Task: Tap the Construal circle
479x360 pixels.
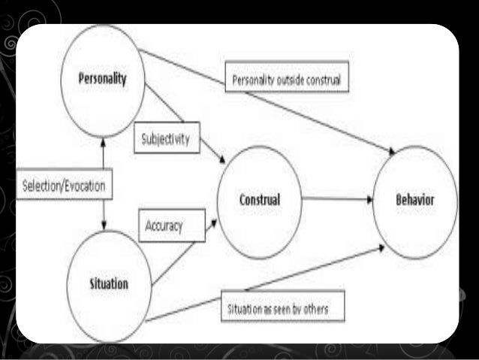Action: pos(259,200)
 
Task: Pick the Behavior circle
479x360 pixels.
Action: pos(414,201)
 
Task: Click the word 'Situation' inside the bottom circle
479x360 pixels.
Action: pos(109,284)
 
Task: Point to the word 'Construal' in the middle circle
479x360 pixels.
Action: pos(259,201)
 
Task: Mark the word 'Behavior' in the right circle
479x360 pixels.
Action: pos(414,201)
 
